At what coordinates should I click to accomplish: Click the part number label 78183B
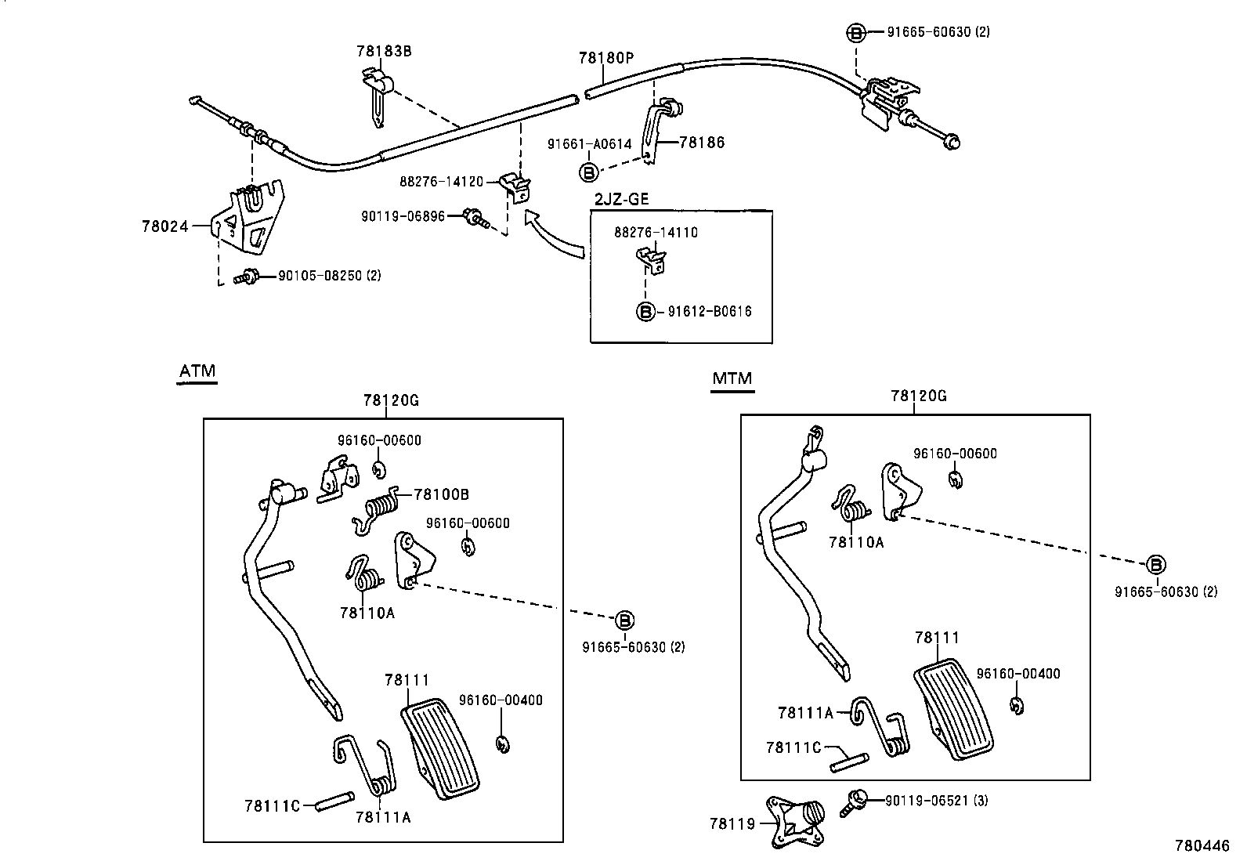pyautogui.click(x=384, y=52)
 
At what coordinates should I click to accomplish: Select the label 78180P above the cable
pyautogui.click(x=605, y=58)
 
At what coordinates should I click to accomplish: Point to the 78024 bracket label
pyautogui.click(x=164, y=226)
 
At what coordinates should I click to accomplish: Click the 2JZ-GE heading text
pyautogui.click(x=621, y=199)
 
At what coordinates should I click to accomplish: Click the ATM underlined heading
pyautogui.click(x=197, y=371)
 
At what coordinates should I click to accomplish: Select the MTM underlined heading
pyautogui.click(x=732, y=378)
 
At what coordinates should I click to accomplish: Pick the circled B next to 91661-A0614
pyautogui.click(x=588, y=172)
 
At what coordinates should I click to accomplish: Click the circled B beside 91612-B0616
pyautogui.click(x=645, y=311)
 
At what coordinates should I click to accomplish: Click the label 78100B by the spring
pyautogui.click(x=441, y=494)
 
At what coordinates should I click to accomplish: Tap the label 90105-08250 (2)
pyautogui.click(x=330, y=276)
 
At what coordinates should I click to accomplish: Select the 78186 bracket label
pyautogui.click(x=702, y=143)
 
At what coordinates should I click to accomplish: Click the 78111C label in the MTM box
pyautogui.click(x=793, y=747)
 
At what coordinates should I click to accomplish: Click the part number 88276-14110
pyautogui.click(x=656, y=233)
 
